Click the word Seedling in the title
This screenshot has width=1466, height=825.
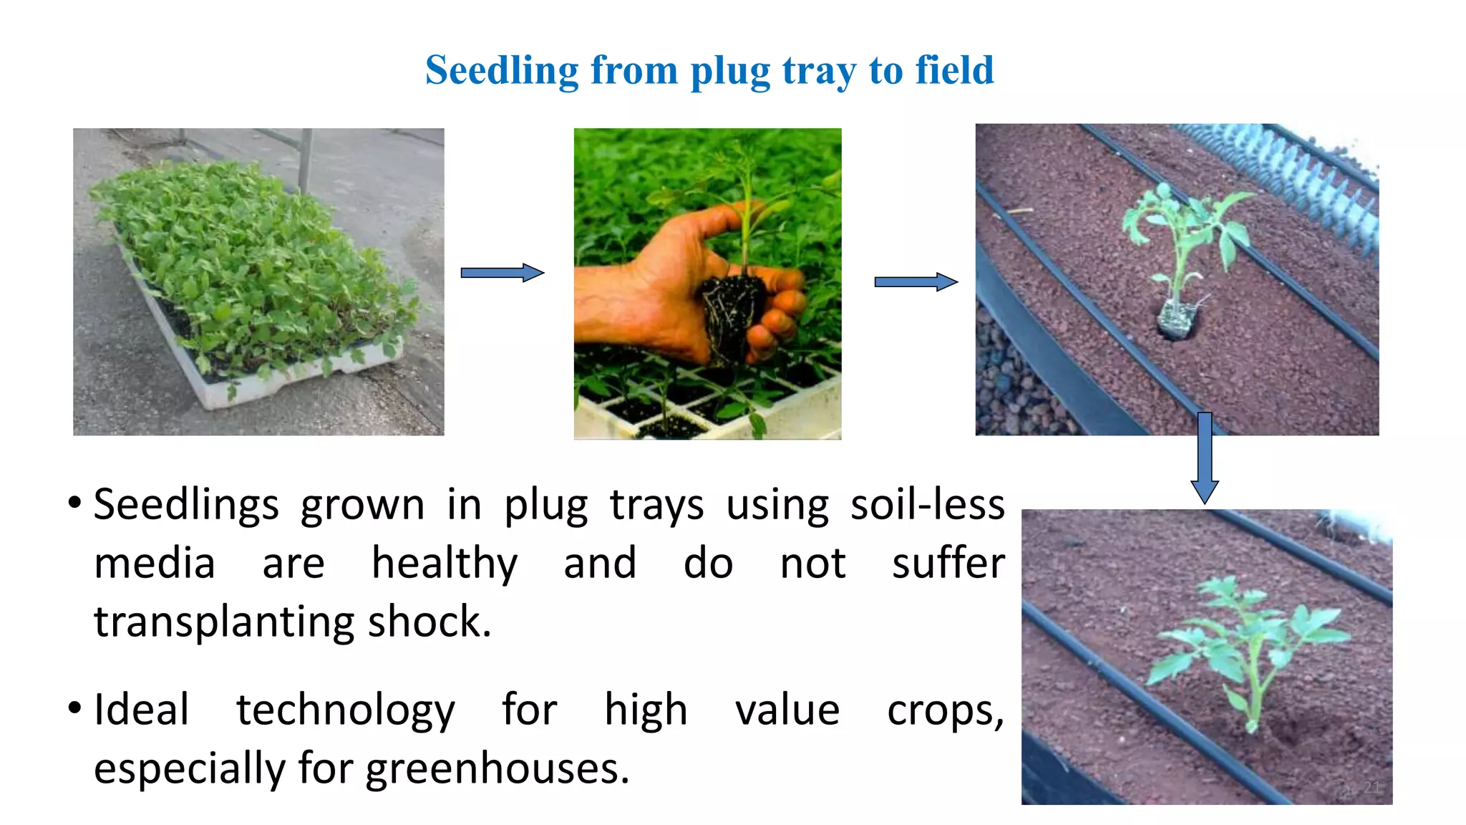point(501,71)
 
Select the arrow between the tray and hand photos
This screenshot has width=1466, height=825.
point(502,273)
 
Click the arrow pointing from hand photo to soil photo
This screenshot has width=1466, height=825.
point(916,282)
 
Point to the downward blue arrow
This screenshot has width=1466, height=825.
point(1205,458)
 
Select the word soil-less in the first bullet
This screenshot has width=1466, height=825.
point(928,505)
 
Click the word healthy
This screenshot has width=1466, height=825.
point(445,564)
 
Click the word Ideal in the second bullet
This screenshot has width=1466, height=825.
point(142,710)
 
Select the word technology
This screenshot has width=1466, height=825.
point(346,711)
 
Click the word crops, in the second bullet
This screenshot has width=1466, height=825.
point(946,711)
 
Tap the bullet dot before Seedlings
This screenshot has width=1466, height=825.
point(74,503)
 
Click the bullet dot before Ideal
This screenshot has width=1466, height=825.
point(74,708)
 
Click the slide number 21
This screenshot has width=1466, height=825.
point(1371,787)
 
